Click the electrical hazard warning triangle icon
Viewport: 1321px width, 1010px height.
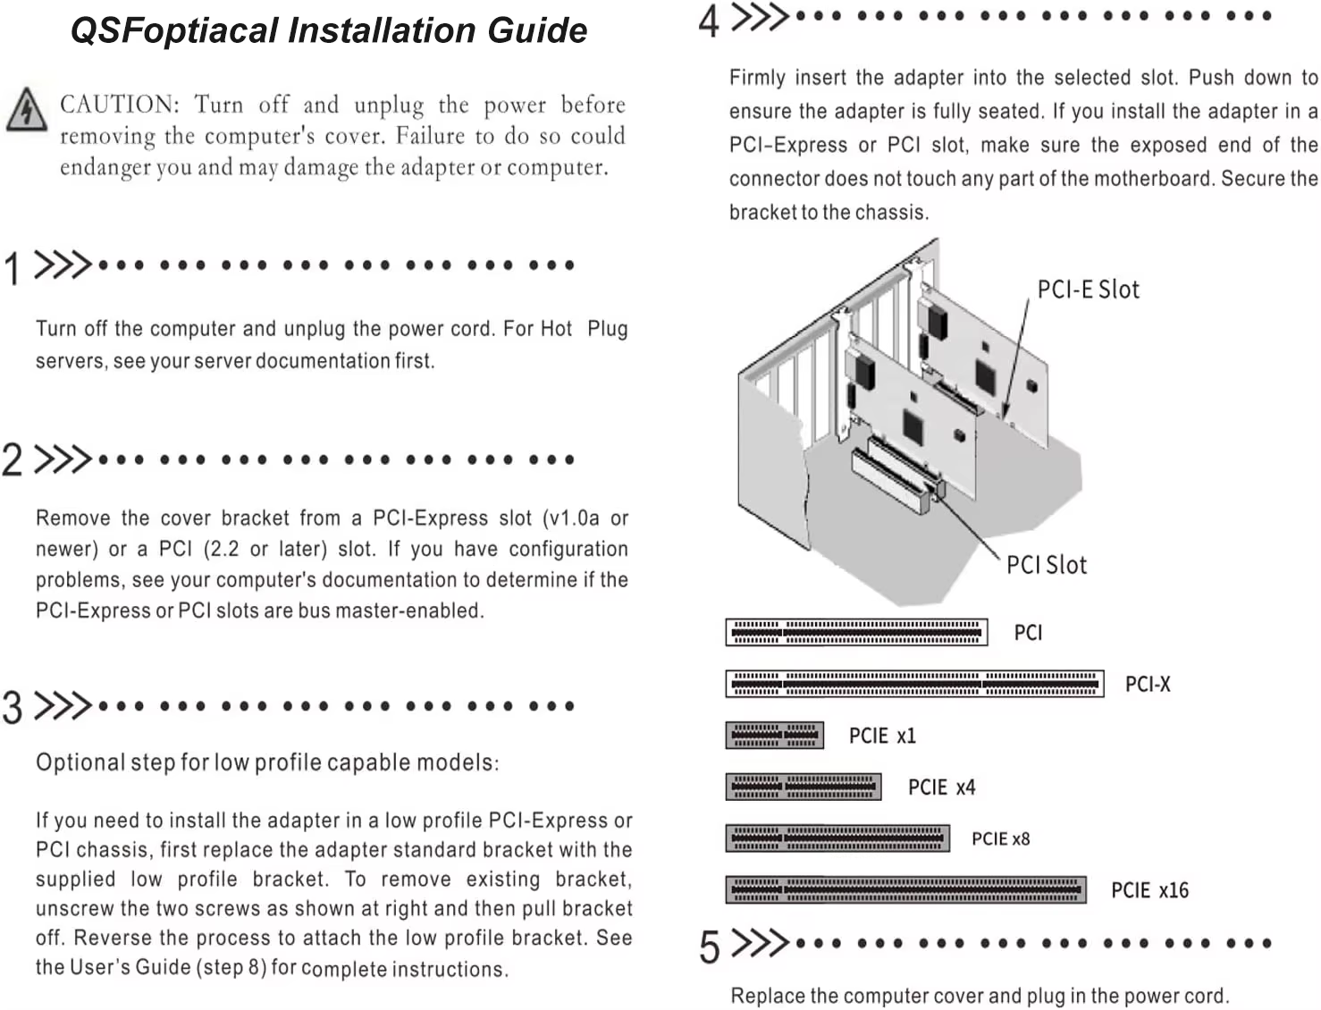coord(27,110)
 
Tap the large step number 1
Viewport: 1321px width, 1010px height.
coord(12,268)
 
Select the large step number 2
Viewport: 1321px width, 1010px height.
coord(12,459)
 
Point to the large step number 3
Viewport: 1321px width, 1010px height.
coord(12,707)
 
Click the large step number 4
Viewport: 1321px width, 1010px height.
coord(709,21)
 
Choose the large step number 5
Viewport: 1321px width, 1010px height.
coord(709,947)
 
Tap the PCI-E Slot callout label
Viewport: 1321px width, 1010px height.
coord(1088,290)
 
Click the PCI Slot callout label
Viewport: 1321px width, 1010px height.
coord(1047,566)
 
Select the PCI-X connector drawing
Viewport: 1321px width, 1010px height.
coord(914,684)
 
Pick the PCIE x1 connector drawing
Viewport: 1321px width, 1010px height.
coord(775,735)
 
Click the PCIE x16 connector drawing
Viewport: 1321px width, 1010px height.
coord(906,889)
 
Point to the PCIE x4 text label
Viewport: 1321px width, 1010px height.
coord(942,787)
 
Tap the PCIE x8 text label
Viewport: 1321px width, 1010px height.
coord(1001,839)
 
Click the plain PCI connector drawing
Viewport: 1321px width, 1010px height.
coord(856,632)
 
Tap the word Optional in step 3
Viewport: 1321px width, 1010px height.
coord(80,763)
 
